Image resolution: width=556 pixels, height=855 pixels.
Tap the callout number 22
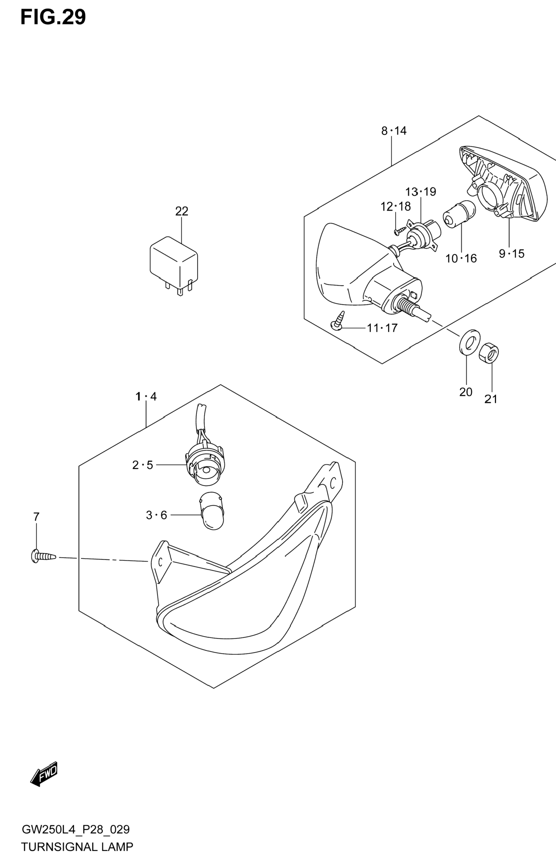point(182,211)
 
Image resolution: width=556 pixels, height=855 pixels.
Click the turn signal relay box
point(173,265)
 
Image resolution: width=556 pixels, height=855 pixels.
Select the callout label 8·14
point(394,131)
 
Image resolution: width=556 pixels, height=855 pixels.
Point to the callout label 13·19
point(421,192)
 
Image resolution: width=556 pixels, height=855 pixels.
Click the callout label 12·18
point(396,207)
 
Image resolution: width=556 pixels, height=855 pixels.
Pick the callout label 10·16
point(461,258)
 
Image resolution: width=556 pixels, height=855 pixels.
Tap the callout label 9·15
point(512,254)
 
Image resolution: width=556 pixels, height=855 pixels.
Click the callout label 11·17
point(382,328)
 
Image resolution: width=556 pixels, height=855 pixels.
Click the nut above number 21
point(489,352)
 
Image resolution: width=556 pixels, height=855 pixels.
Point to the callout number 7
point(36,517)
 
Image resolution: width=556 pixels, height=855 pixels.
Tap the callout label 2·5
point(143,465)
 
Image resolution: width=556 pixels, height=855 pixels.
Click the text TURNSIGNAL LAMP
point(77,845)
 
